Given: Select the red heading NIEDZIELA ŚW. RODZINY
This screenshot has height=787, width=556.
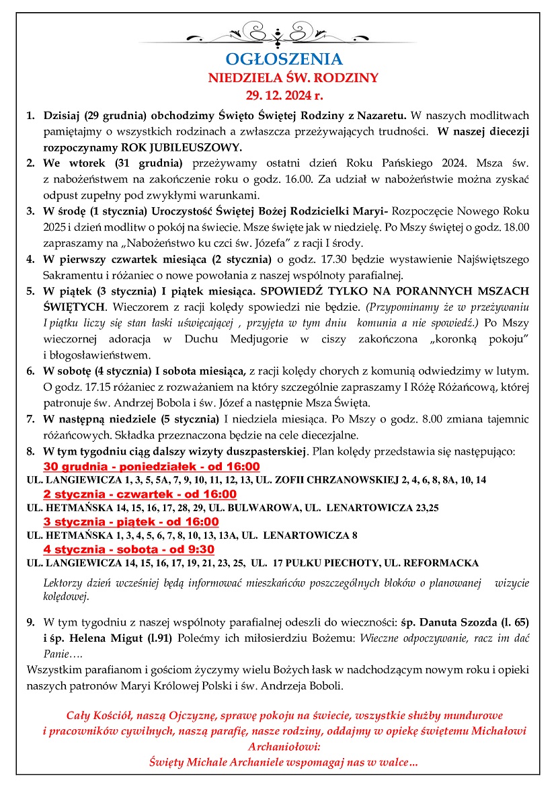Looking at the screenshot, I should pos(294,77).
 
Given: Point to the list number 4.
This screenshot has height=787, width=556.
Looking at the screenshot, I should pos(30,259).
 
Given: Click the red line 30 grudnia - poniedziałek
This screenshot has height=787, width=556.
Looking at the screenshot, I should pos(151,467).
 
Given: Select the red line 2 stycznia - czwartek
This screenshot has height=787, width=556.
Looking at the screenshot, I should pos(140,494).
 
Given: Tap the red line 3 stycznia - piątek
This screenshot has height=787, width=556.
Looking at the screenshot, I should pos(131,522).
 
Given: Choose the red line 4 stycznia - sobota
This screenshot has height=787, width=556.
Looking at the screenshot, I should pos(132,549).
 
